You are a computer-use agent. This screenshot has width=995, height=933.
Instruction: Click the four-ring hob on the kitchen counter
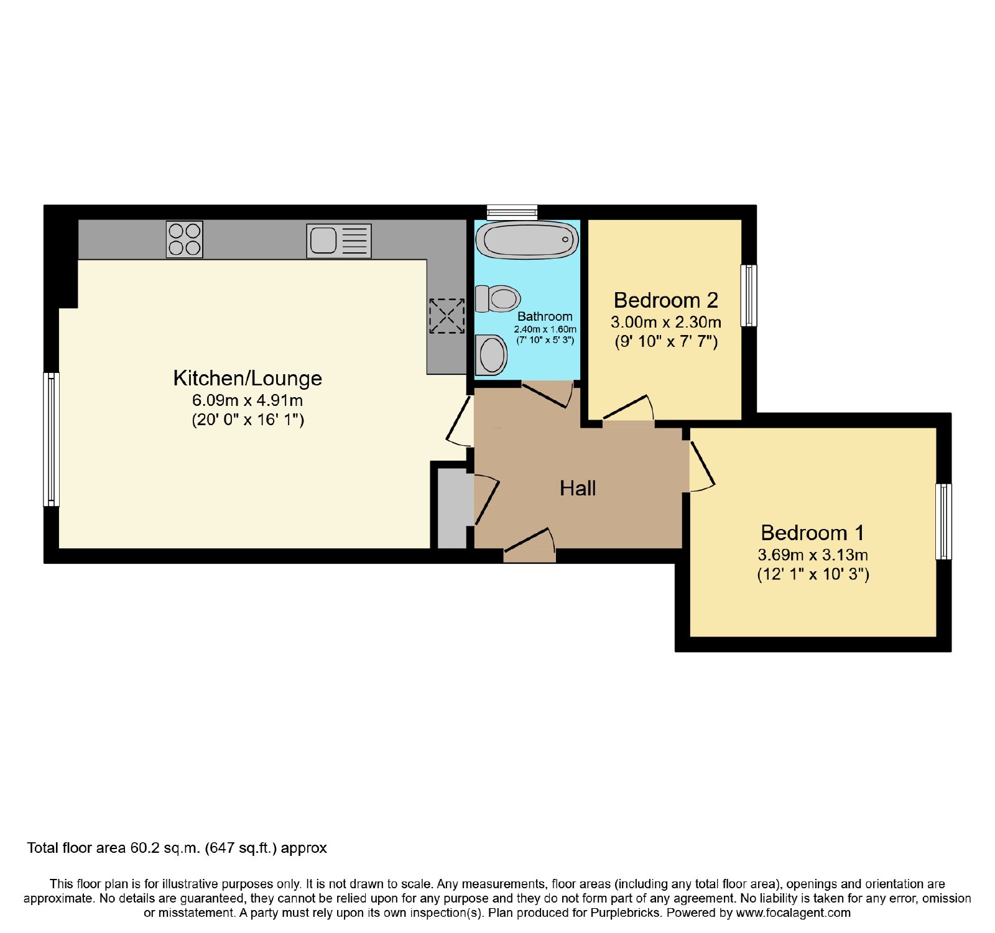point(185,239)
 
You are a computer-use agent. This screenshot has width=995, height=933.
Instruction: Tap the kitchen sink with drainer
point(339,241)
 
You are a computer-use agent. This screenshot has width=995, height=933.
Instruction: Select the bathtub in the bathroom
point(527,240)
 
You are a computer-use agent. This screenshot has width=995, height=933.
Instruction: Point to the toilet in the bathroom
point(497,299)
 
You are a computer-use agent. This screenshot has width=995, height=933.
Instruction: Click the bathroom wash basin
point(491,355)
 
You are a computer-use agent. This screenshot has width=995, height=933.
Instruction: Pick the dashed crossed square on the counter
point(447,316)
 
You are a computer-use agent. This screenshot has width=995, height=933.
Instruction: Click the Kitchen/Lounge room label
point(248,378)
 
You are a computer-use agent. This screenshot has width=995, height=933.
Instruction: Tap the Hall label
point(578,489)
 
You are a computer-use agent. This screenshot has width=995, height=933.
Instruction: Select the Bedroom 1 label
point(812,533)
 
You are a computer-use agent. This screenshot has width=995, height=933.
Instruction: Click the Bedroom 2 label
point(666,300)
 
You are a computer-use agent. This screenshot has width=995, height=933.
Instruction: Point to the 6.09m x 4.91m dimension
point(248,400)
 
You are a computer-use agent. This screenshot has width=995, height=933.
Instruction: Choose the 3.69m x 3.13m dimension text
point(813,555)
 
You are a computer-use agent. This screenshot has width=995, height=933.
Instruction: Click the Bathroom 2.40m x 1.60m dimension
point(545,329)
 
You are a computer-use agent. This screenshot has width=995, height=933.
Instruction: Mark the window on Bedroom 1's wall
point(943,522)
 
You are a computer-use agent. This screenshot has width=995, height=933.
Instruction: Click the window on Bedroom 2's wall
point(749,295)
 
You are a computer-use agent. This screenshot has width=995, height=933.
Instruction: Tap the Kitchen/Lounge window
point(51,439)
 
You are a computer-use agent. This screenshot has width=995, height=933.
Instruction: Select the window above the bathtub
point(512,212)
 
